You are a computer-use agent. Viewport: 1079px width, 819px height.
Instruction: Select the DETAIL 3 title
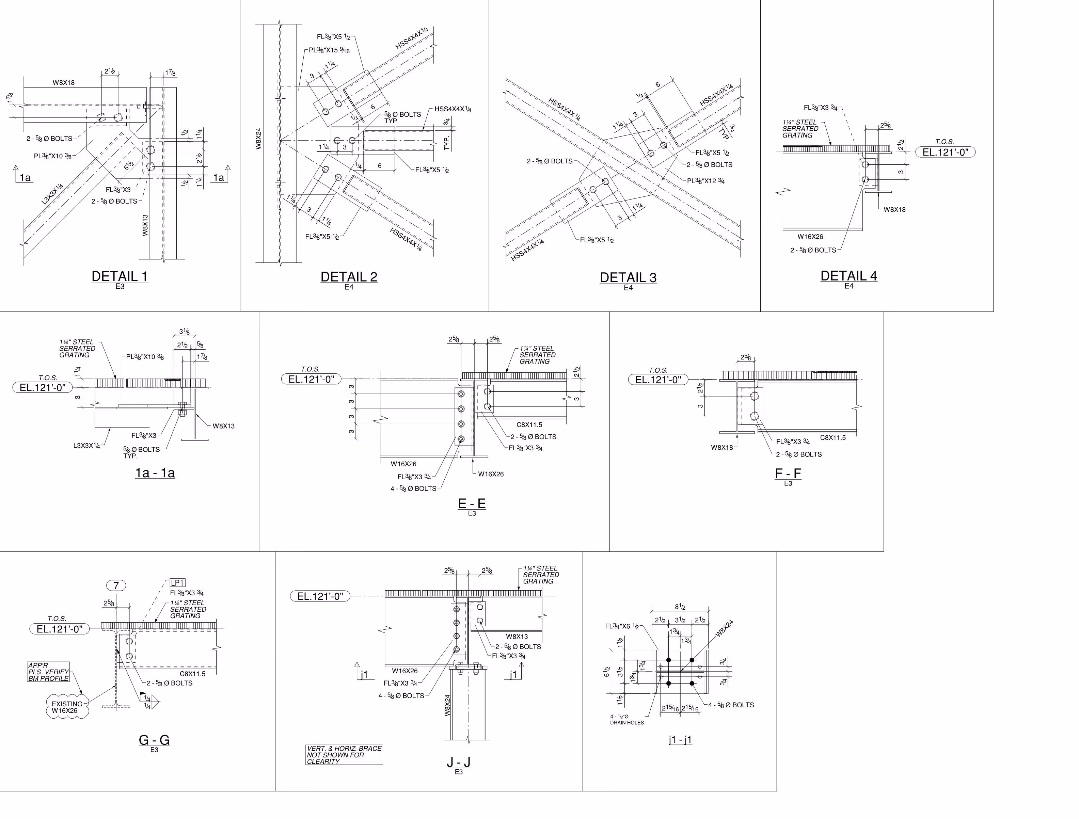(x=628, y=277)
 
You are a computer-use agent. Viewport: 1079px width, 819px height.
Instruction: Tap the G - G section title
(x=154, y=740)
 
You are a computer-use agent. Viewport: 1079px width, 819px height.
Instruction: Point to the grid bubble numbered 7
(x=116, y=585)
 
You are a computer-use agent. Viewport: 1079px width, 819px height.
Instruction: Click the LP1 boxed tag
(x=177, y=582)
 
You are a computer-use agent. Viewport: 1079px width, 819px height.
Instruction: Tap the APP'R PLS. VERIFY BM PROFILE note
(x=48, y=672)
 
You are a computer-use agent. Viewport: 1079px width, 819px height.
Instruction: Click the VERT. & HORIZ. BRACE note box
(x=344, y=755)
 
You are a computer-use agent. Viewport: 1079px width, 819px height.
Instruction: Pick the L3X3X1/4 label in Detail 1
(x=52, y=194)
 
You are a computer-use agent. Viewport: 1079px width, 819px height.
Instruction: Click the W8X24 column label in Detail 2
(x=258, y=139)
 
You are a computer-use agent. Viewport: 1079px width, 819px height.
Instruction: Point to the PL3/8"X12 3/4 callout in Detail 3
(x=706, y=181)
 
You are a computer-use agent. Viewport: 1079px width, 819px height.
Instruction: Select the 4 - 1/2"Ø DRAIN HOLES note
(x=626, y=720)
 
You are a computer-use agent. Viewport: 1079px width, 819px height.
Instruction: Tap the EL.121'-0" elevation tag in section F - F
(x=658, y=380)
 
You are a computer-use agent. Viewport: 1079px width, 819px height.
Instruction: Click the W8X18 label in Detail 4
(x=894, y=210)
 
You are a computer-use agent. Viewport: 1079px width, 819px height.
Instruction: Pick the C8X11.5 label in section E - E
(x=529, y=425)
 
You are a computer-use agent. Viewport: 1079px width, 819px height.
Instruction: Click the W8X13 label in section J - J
(x=517, y=637)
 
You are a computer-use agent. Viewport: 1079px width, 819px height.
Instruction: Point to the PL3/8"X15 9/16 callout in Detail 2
(x=329, y=50)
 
